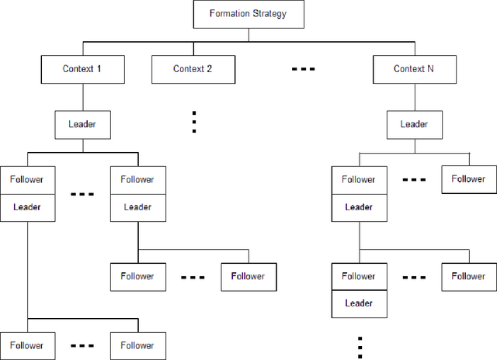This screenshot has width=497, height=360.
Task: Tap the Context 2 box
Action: point(193,69)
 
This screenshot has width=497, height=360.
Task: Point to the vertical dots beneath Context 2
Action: point(193,121)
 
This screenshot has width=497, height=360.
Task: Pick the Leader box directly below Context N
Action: point(414,123)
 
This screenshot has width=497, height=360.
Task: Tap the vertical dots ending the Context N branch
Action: point(360,347)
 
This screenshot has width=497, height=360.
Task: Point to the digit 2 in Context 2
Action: point(210,69)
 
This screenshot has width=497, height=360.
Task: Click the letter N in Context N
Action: point(431,69)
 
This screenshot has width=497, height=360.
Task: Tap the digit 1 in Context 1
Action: point(99,69)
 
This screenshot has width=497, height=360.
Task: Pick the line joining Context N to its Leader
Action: point(414,97)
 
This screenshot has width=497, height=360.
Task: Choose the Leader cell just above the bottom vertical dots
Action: point(359,303)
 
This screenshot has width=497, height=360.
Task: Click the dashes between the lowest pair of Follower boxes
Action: point(82,345)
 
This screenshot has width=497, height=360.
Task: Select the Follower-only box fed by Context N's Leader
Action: point(469,179)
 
